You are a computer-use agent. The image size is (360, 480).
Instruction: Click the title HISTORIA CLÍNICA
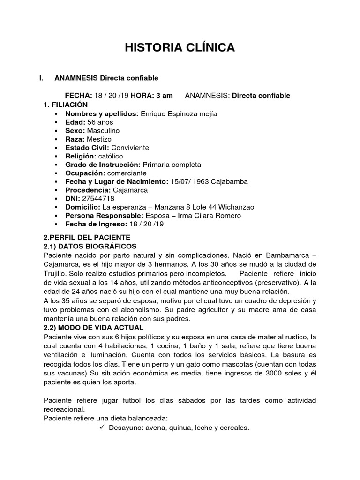click(180, 48)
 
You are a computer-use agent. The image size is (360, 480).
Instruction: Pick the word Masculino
click(103, 130)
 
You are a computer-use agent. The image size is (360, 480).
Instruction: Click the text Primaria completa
click(172, 165)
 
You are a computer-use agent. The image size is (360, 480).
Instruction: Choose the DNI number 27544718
click(96, 198)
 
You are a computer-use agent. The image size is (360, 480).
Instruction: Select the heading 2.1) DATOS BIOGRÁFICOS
click(90, 246)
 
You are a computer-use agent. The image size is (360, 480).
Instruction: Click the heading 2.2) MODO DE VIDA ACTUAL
click(93, 327)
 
